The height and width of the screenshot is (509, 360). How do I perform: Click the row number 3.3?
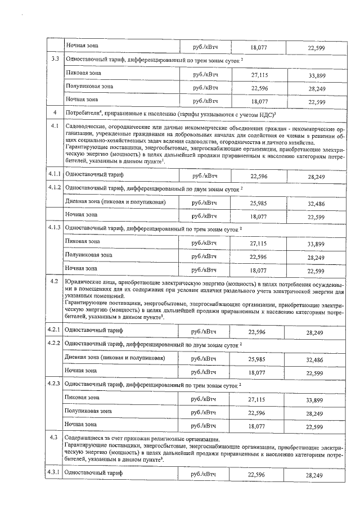[55, 59]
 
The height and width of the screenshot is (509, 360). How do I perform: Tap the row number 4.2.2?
[55, 343]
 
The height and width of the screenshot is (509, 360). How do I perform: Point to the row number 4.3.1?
[55, 474]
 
